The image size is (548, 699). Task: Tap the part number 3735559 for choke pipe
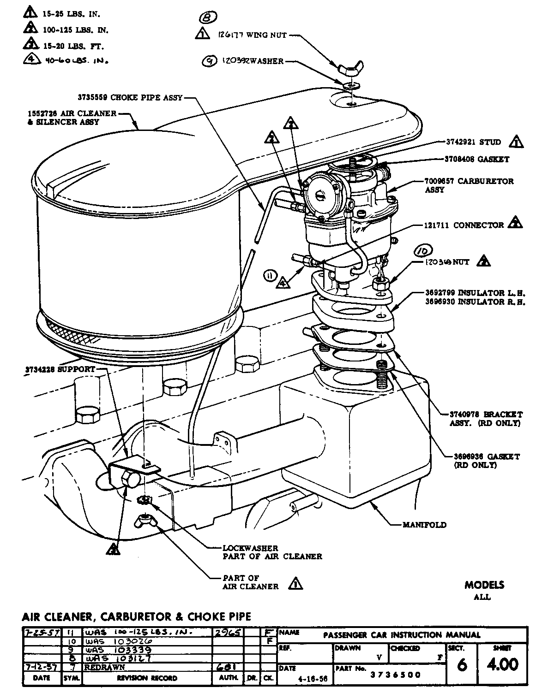click(93, 98)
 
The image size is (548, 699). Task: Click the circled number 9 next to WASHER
click(210, 61)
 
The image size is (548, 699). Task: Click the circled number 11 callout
click(269, 276)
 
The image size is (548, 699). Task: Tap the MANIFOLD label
click(424, 524)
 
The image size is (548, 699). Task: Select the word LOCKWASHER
click(250, 548)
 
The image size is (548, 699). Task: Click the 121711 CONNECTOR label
click(464, 225)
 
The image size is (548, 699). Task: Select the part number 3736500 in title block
click(396, 675)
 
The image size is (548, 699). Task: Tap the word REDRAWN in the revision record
click(105, 667)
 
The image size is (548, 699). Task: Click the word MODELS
click(484, 585)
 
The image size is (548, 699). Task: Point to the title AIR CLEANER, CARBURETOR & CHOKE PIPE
click(136, 616)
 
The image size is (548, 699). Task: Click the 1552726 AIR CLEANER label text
click(72, 113)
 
